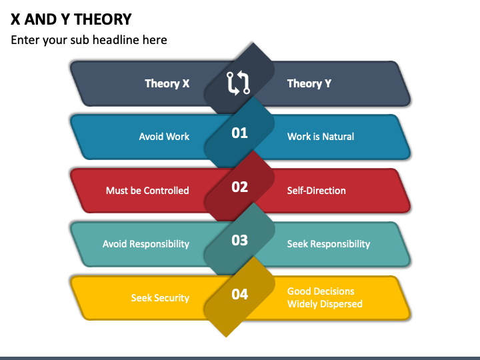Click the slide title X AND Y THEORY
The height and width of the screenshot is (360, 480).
pos(71,19)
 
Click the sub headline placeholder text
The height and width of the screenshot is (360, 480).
pos(89,40)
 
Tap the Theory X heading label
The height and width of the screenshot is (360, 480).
pos(167,83)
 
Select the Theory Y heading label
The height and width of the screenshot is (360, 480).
pos(309,83)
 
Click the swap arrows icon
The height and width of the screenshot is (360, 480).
pos(239,83)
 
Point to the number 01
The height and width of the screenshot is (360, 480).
pos(239,133)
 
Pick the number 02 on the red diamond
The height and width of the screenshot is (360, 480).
pos(239,187)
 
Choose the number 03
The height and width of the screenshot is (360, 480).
pos(239,241)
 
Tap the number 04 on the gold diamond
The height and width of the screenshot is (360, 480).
pos(239,294)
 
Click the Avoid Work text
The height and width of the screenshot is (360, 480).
pos(164,137)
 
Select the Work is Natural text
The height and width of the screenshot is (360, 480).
pos(321,137)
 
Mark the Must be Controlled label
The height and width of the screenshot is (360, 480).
pos(147,191)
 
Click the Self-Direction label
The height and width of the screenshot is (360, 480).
pos(317,191)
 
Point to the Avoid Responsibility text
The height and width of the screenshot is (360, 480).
pos(146,244)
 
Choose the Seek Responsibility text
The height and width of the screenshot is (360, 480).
pos(329,244)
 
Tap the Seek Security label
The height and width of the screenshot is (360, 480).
pos(160,298)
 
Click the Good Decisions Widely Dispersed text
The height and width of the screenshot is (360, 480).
pos(325,297)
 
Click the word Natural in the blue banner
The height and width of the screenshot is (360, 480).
pos(338,137)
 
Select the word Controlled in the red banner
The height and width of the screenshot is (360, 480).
pos(166,191)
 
